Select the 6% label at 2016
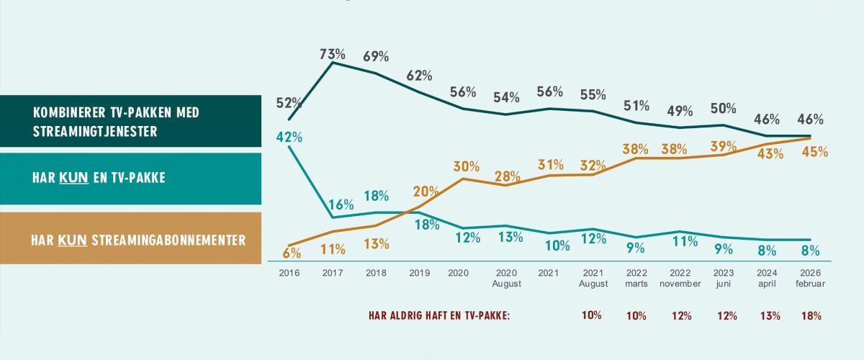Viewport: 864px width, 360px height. click(292, 253)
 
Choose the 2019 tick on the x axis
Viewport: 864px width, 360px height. click(419, 274)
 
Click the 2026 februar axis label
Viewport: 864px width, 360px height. click(811, 279)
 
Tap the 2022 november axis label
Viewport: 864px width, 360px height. click(680, 279)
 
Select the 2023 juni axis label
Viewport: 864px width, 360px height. click(724, 279)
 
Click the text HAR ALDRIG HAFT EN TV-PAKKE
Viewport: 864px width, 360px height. click(438, 316)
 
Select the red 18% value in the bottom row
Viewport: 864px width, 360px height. click(810, 316)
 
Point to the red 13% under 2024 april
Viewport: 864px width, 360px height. click(767, 316)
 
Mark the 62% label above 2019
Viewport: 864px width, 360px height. click(418, 75)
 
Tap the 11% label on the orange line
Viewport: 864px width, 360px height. click(333, 249)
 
